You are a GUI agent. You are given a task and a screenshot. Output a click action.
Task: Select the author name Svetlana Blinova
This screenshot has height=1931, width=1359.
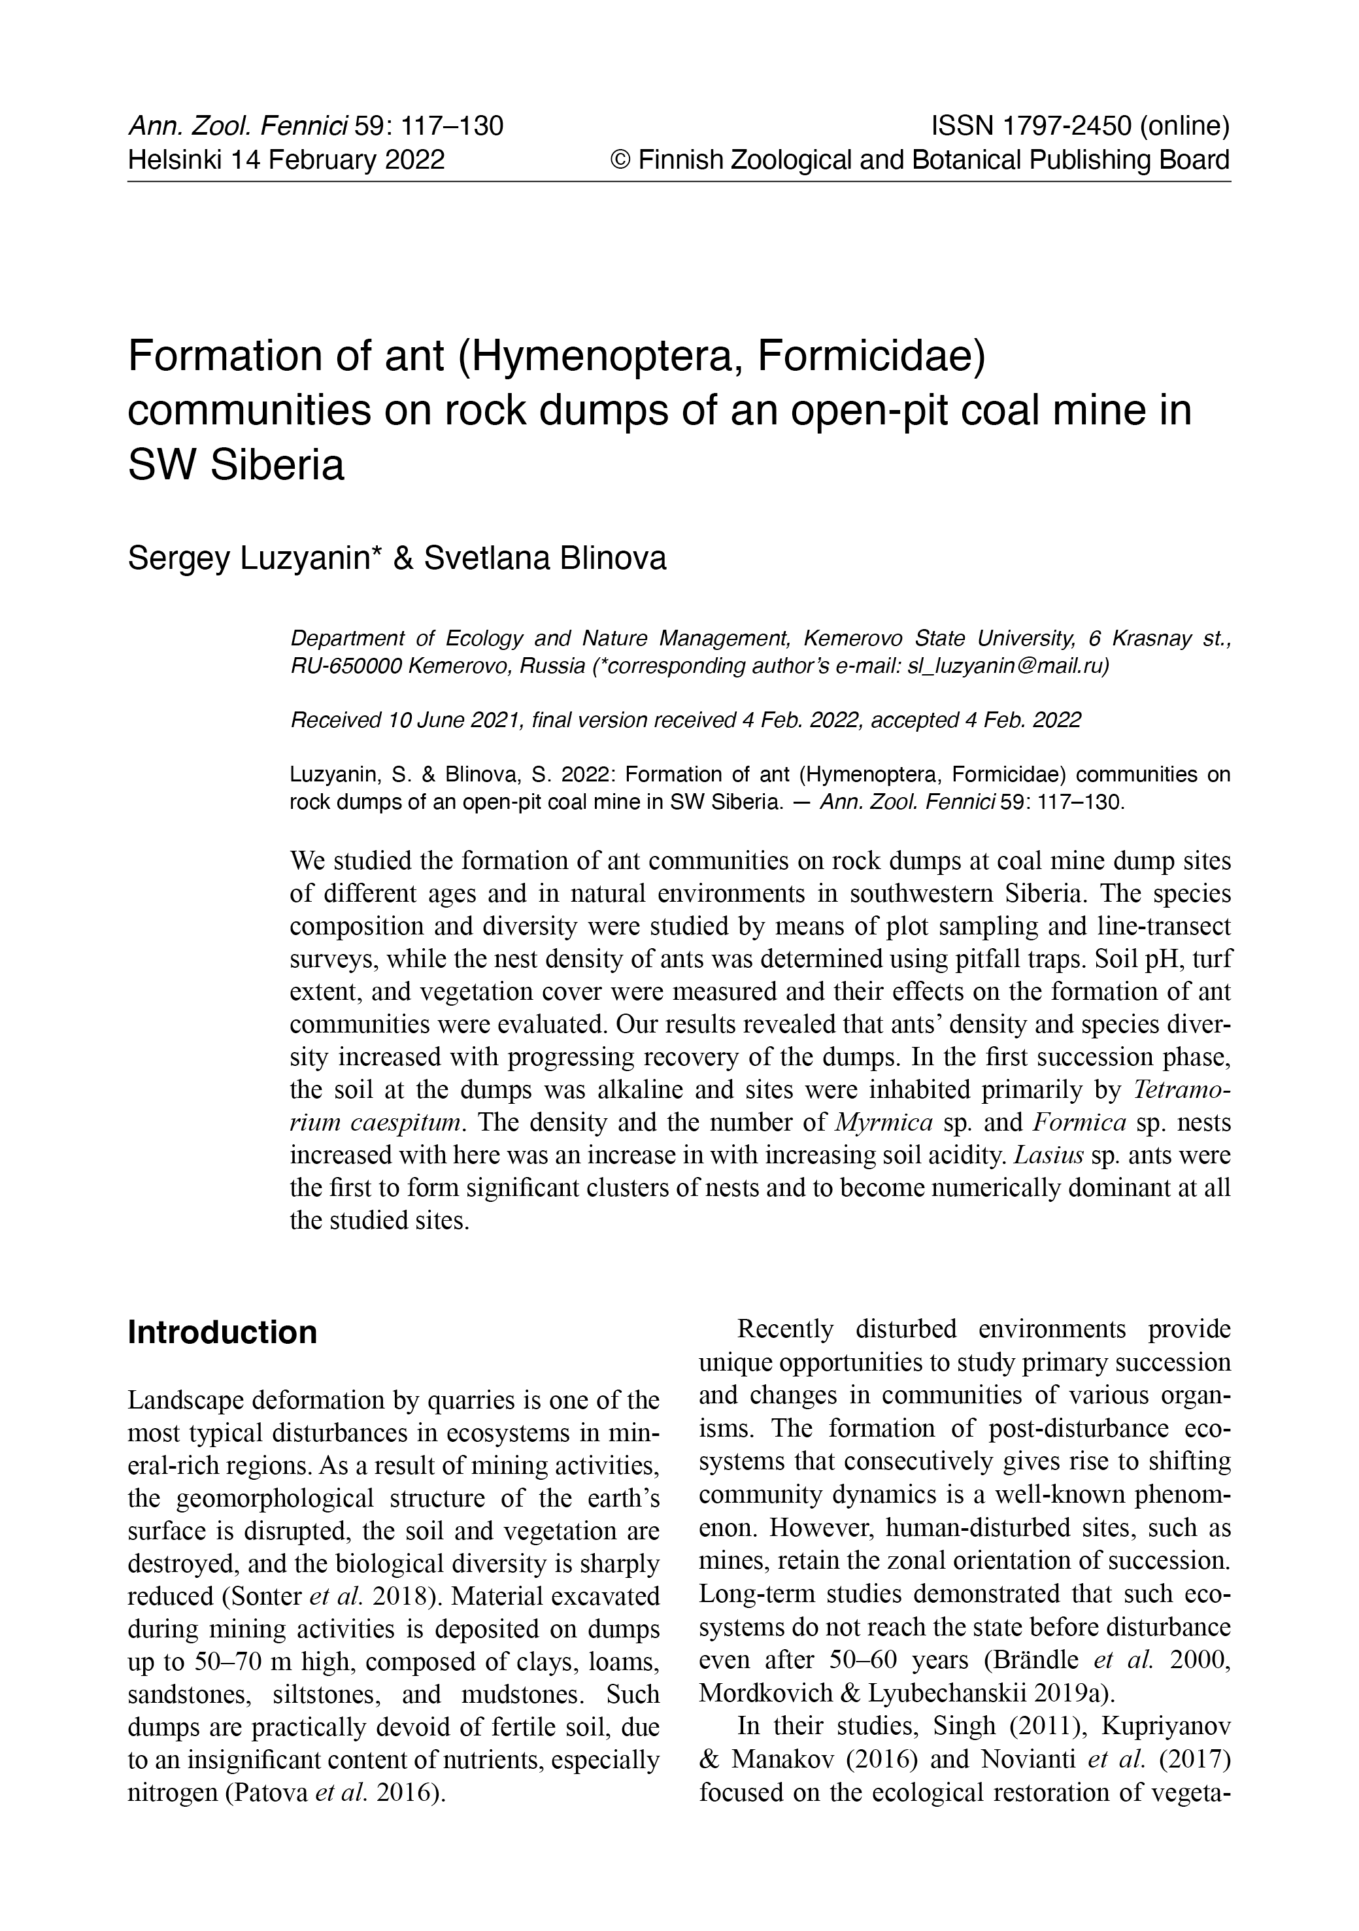tap(545, 558)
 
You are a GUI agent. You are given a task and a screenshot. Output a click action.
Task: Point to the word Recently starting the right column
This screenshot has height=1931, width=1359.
tap(786, 1329)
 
